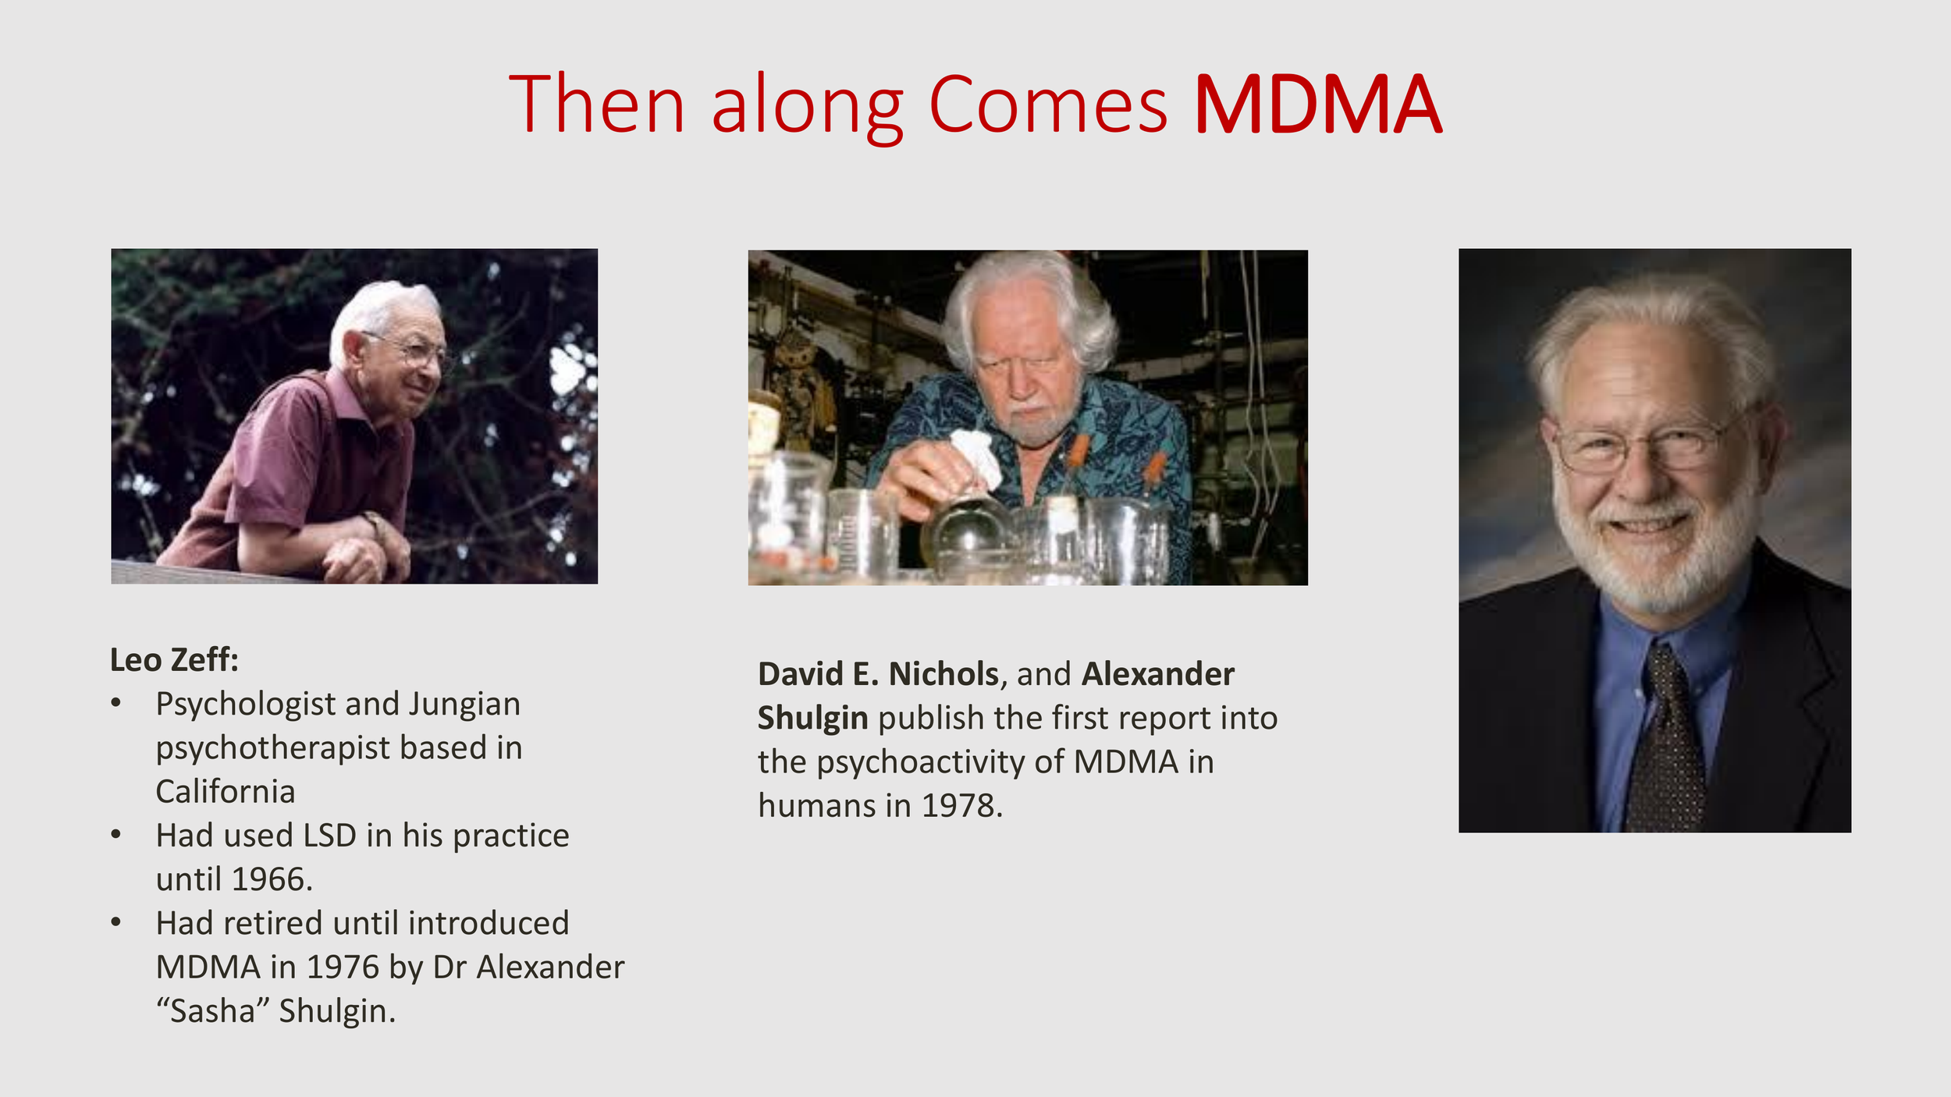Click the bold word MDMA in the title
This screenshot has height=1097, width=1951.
1317,105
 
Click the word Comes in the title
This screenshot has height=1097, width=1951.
1048,105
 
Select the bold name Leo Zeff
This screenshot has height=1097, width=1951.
173,660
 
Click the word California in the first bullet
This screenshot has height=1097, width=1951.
226,792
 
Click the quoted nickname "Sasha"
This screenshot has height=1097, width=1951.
212,1011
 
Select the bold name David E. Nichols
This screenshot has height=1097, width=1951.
878,674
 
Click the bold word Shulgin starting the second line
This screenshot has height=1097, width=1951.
812,718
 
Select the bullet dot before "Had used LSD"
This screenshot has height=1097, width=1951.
116,835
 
